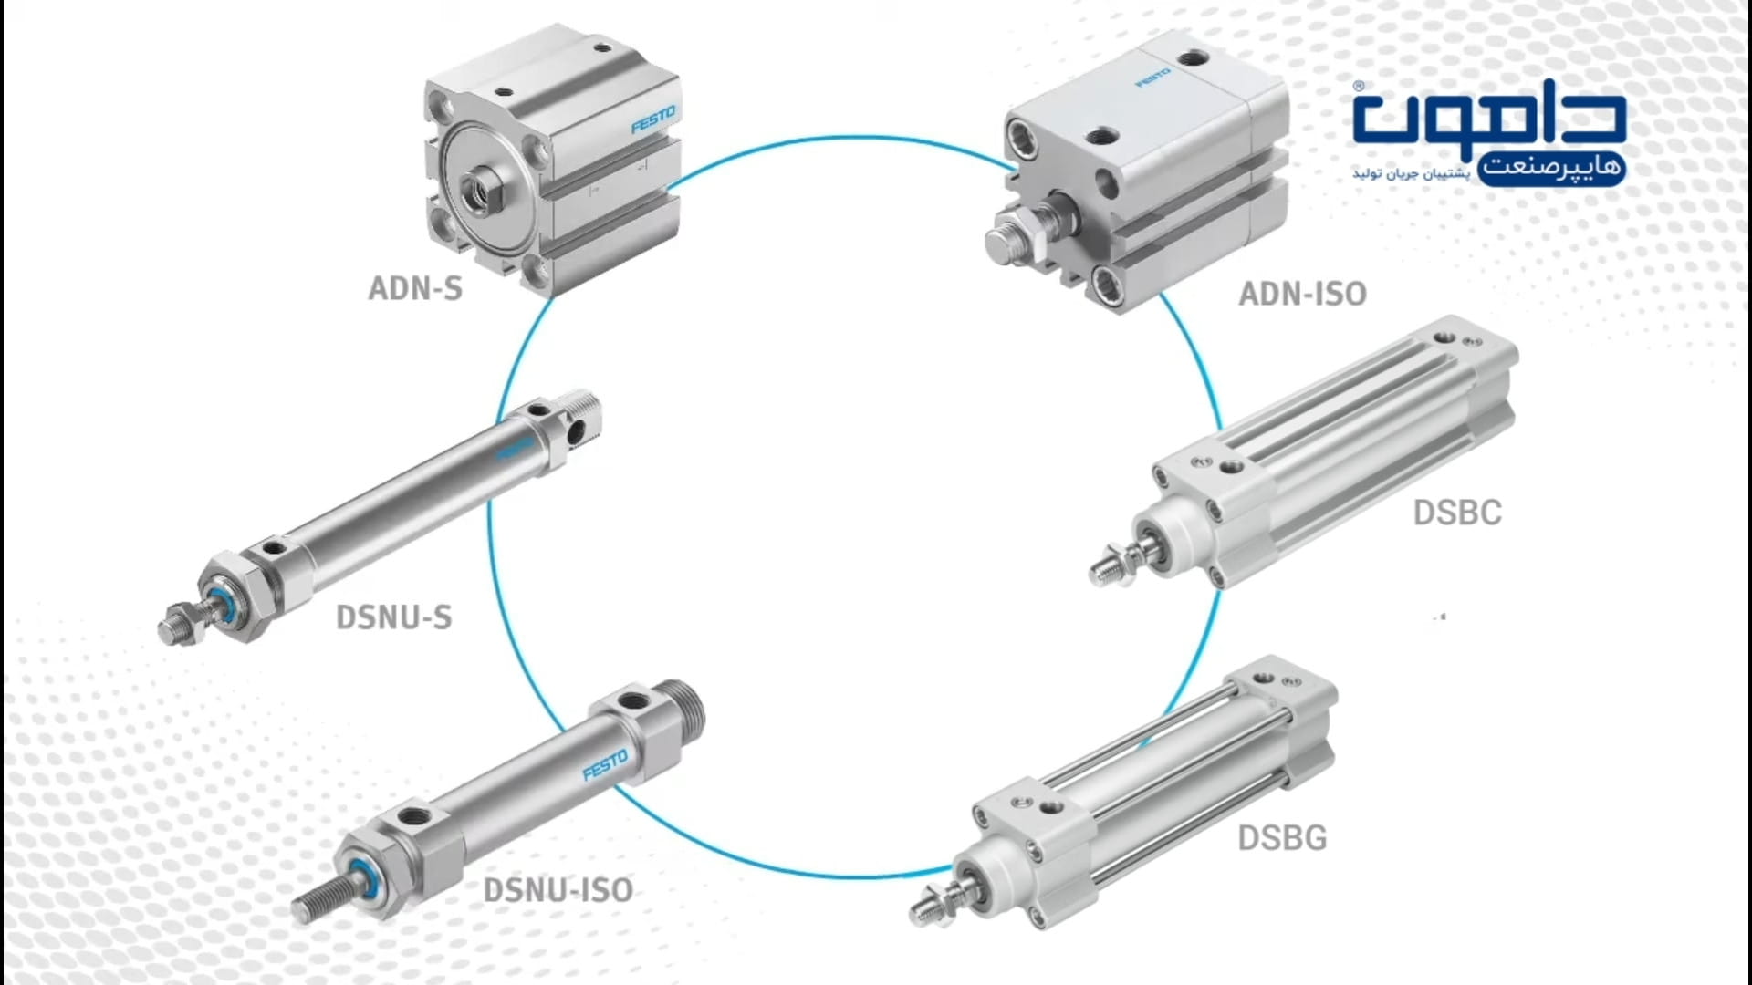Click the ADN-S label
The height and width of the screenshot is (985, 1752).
(x=415, y=288)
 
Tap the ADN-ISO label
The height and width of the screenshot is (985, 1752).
(x=1302, y=294)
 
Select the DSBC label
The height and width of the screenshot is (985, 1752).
(x=1457, y=513)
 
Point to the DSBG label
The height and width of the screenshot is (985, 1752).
(x=1282, y=837)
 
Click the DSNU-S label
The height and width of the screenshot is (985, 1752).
(x=394, y=617)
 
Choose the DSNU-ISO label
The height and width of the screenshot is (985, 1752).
(x=558, y=890)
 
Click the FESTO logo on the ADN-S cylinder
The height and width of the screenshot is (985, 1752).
(x=653, y=119)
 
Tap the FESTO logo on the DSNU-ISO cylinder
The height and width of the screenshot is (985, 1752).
(x=605, y=765)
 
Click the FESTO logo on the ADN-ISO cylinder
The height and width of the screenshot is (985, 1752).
(x=1152, y=78)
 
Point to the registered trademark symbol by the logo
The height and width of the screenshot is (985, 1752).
(x=1358, y=87)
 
